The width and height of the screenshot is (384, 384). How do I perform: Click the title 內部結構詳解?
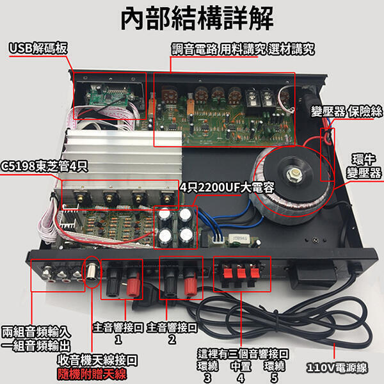(197, 19)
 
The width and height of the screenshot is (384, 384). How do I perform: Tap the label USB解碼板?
(38, 48)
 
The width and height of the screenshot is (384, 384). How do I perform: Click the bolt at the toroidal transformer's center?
(294, 174)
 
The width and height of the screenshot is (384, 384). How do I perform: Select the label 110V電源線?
(337, 367)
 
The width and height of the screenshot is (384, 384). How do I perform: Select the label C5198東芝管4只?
(44, 166)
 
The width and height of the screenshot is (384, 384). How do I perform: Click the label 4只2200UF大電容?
(227, 188)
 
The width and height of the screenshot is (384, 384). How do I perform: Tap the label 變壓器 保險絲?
(346, 111)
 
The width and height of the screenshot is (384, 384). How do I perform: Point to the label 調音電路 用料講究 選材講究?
(243, 49)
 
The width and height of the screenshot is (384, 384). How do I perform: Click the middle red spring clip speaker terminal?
(241, 273)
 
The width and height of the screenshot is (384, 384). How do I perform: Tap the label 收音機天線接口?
(97, 360)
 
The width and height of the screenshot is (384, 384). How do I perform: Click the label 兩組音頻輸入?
(36, 332)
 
